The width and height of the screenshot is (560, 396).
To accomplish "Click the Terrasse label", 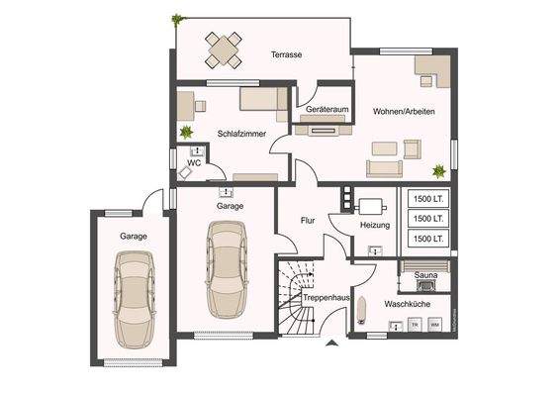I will pos(286,55).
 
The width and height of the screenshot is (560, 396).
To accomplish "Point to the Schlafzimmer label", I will pos(241,132).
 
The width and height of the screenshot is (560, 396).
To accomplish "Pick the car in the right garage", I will pos(227,265).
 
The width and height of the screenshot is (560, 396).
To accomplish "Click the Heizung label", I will pos(375,226).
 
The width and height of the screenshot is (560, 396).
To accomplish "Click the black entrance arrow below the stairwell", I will pos(329,344).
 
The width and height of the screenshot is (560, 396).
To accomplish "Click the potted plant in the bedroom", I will pos(185,132).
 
